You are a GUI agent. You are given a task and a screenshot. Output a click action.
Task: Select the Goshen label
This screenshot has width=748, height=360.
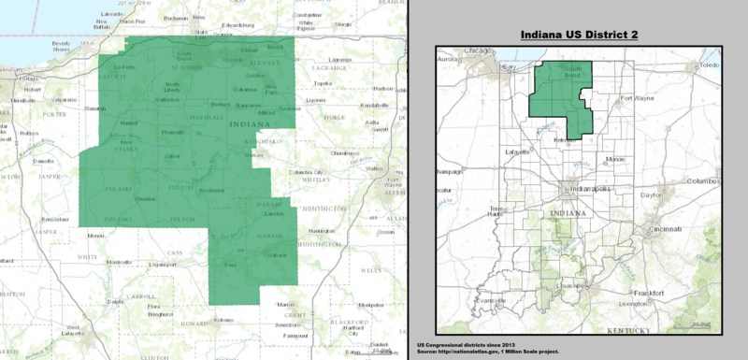[x=255, y=75]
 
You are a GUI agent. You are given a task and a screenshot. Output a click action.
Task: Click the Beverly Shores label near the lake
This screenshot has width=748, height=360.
[x=63, y=47]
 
